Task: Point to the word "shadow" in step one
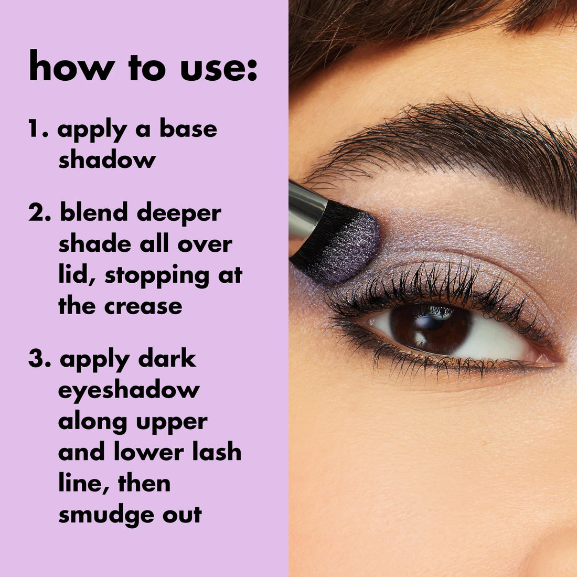click(107, 159)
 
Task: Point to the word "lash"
click(216, 452)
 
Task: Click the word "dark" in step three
click(167, 360)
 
